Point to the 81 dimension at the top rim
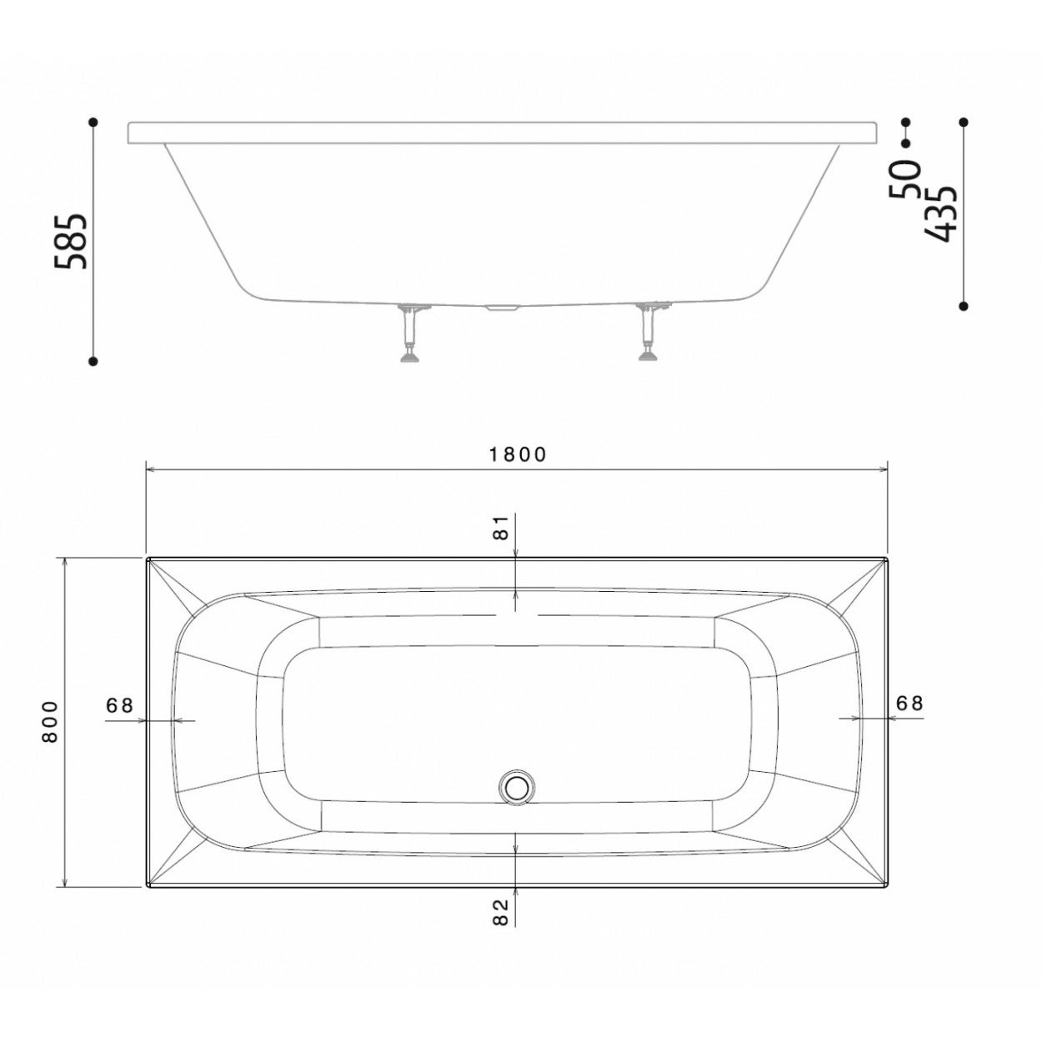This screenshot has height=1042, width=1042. click(500, 529)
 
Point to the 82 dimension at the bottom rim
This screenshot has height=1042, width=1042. click(500, 912)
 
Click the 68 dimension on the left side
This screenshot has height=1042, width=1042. click(120, 705)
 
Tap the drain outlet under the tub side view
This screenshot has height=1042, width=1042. click(501, 308)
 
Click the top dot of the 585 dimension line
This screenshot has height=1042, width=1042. click(93, 123)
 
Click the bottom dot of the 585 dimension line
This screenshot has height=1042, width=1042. click(93, 361)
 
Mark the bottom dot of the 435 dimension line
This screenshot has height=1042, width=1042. click(964, 306)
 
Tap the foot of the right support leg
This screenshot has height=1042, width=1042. click(647, 358)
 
